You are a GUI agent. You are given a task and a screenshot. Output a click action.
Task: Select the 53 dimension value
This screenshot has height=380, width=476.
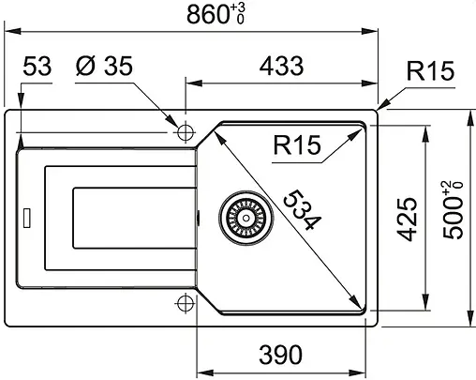pyautogui.click(x=37, y=68)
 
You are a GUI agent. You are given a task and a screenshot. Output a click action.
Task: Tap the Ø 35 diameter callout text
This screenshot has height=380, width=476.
pyautogui.click(x=103, y=68)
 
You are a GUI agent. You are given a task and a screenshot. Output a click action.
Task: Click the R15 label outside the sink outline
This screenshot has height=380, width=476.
pyautogui.click(x=430, y=72)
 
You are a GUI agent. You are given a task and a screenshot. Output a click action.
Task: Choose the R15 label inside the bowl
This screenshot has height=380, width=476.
pyautogui.click(x=297, y=145)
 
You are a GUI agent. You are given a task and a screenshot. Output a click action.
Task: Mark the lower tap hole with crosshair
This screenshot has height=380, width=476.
pyautogui.click(x=185, y=302)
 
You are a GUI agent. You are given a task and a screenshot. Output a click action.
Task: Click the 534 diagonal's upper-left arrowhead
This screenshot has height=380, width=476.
pyautogui.click(x=219, y=133)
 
